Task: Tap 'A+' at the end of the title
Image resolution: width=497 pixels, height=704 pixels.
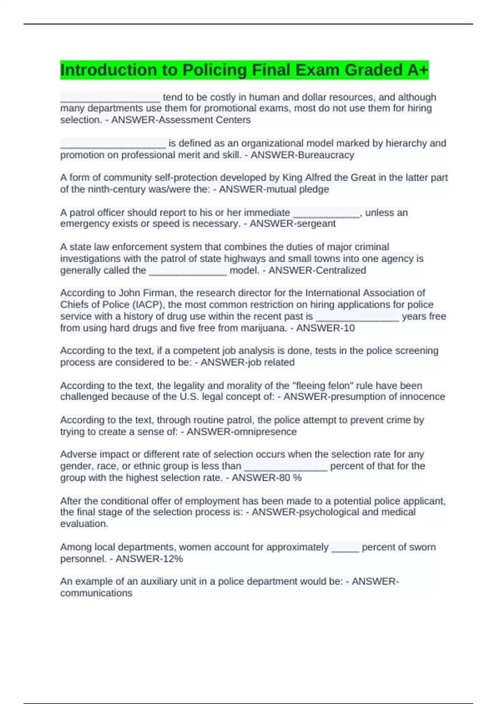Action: [417, 70]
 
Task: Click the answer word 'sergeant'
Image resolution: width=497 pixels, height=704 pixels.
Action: [317, 224]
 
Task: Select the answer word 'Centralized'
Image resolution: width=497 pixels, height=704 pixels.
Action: [340, 270]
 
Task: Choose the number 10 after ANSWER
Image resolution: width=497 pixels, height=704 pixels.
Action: [349, 328]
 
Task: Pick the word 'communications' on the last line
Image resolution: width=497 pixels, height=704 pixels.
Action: [97, 593]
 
